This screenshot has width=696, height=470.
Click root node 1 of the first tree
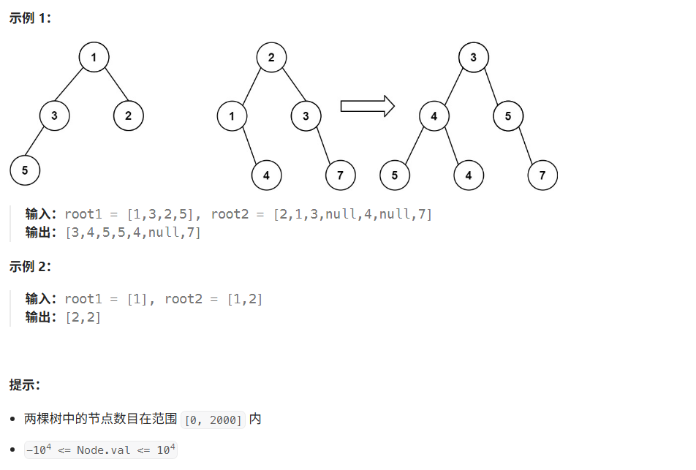[x=94, y=57]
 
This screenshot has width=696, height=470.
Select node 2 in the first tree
[x=129, y=115]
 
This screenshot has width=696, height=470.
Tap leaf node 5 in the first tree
[x=25, y=170]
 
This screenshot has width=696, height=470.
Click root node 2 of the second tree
[x=271, y=57]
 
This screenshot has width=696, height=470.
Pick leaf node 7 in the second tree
[x=340, y=175]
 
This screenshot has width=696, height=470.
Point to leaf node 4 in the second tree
[x=266, y=175]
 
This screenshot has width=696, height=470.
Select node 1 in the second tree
[x=232, y=115]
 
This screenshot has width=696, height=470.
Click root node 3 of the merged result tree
[x=473, y=57]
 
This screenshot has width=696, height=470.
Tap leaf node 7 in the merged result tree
[x=542, y=175]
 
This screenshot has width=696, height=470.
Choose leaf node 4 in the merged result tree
[x=468, y=175]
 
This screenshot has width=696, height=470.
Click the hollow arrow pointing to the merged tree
[x=367, y=106]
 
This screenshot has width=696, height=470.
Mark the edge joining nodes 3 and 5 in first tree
[x=39, y=143]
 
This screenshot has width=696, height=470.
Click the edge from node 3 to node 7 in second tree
[x=323, y=145]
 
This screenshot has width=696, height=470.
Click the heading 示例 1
[x=30, y=18]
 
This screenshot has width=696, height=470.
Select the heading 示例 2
[x=30, y=266]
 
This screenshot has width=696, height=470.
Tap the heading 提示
[x=24, y=384]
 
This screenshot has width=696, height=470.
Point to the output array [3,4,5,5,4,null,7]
[x=132, y=232]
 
